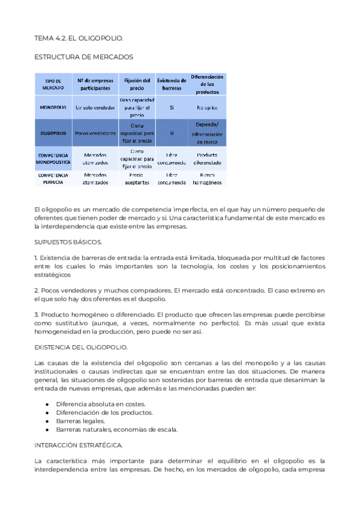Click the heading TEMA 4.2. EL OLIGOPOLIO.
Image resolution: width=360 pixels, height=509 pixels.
[79, 38]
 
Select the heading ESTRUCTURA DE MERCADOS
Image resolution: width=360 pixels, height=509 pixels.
[83, 57]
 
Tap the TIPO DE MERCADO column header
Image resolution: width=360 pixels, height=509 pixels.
[53, 84]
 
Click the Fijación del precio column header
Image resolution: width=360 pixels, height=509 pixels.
[137, 84]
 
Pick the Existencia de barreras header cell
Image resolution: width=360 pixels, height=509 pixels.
[172, 84]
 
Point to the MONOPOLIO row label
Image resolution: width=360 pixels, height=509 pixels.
[53, 107]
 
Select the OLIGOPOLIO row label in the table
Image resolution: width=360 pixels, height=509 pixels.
[53, 133]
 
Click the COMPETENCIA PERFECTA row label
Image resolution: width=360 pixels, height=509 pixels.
[53, 178]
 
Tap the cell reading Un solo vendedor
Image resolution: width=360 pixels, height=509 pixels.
[91, 107]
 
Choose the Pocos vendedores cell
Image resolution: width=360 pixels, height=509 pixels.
[91, 133]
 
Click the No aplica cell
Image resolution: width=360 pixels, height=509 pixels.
[207, 107]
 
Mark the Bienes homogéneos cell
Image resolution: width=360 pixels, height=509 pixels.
[207, 178]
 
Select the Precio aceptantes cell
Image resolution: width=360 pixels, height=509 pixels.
[137, 178]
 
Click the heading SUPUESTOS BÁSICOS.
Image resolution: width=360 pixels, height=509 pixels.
[68, 242]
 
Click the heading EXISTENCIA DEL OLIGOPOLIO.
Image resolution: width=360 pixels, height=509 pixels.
[80, 348]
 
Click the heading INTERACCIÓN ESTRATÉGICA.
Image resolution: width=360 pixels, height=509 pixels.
[79, 445]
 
